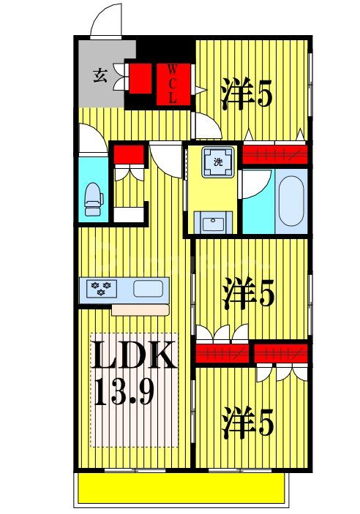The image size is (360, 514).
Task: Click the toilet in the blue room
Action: point(93,198)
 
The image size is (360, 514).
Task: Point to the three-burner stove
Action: point(99,287)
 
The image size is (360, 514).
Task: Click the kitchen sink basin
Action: point(148,287)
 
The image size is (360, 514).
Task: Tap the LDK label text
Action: point(133,358)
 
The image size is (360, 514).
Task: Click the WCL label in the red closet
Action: point(173,85)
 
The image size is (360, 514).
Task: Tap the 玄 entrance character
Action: point(100,75)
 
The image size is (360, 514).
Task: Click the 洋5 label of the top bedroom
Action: point(244,95)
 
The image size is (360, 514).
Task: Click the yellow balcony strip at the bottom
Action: point(181,487)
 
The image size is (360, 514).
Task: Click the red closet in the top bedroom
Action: point(274,154)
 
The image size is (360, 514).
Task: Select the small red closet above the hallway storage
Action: point(128,154)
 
